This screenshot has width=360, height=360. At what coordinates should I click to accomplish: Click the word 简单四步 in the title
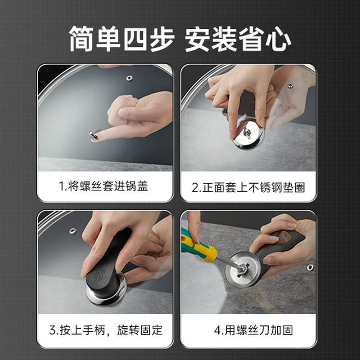tap(122, 40)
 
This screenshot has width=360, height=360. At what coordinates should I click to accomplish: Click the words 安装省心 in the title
tap(238, 40)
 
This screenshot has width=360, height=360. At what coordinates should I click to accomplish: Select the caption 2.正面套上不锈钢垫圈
tap(248, 186)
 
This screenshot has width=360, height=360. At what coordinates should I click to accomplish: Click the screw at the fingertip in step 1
tap(94, 135)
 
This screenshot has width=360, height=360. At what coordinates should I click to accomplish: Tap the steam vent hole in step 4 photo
tap(310, 268)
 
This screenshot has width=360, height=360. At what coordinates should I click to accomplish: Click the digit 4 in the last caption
tap(218, 330)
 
